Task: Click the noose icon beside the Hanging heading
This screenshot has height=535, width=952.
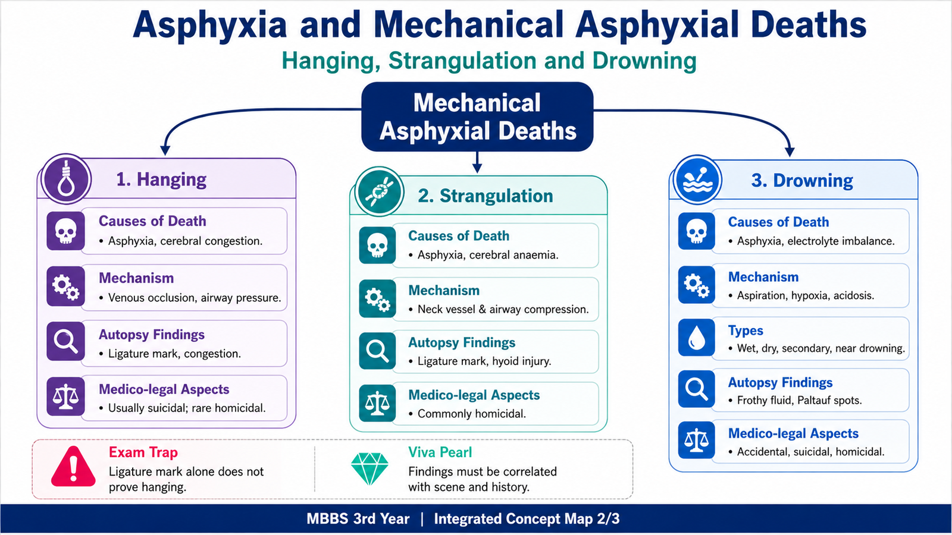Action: [66, 179]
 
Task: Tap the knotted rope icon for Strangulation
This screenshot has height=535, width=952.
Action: [378, 191]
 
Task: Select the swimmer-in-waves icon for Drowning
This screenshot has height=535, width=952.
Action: [697, 180]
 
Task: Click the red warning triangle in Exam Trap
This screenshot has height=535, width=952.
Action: [73, 466]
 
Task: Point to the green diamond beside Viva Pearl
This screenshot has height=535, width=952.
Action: [369, 468]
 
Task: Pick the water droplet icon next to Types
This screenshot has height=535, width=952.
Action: [696, 338]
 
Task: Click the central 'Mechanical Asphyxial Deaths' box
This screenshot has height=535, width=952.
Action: [477, 117]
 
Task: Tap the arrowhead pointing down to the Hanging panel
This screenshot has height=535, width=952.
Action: [165, 150]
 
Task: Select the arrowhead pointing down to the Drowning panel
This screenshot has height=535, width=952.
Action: [790, 152]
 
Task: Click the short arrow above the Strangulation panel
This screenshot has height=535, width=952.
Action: [477, 162]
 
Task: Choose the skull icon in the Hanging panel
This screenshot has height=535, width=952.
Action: [65, 231]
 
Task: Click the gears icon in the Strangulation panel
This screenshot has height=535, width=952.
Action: [377, 298]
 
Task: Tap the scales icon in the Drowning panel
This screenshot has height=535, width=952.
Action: [696, 440]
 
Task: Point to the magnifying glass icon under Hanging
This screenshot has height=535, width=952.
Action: [65, 341]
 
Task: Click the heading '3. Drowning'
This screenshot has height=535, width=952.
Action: [802, 181]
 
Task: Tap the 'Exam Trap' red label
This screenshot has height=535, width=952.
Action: [143, 452]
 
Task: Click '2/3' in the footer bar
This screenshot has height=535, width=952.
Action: [608, 519]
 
